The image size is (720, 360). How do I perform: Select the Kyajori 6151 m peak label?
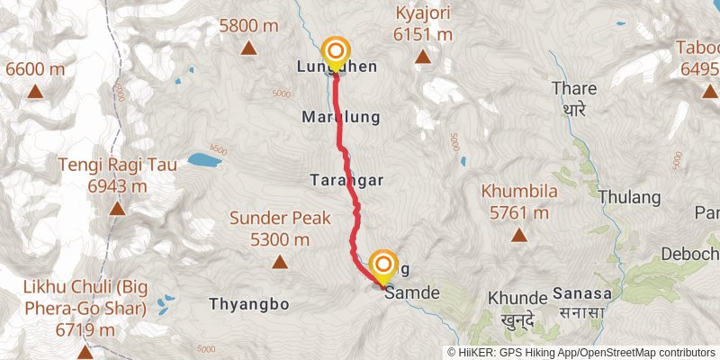coord(423,24)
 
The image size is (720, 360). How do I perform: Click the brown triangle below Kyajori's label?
coord(423,58)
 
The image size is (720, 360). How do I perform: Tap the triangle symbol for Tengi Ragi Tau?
coord(116,209)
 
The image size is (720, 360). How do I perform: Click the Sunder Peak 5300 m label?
coord(280,228)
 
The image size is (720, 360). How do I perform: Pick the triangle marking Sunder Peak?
coord(280,262)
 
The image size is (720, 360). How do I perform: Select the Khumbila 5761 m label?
coord(519,202)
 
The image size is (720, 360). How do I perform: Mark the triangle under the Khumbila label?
coord(519,236)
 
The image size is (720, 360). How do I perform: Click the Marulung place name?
coord(341,117)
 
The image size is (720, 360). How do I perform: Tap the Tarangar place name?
coord(347,180)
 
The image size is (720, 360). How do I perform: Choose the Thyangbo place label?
coord(249,304)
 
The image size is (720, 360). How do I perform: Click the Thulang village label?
coord(630,198)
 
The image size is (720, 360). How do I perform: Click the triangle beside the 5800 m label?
coord(247,49)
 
